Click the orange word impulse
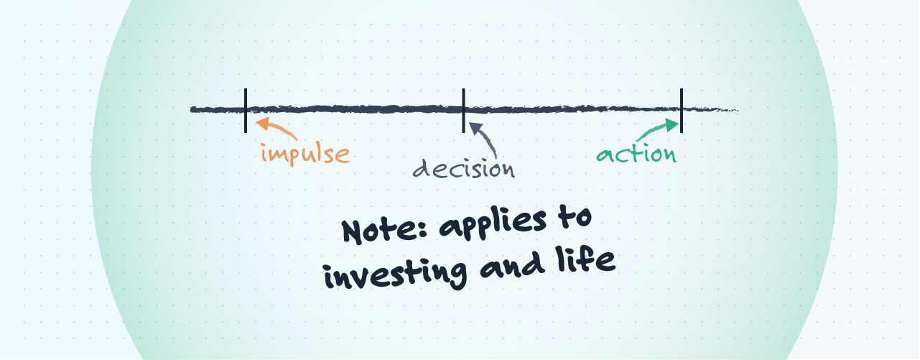point(305,154)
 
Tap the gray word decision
point(464,168)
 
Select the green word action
point(636,154)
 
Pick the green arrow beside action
point(656,129)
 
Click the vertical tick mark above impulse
point(246,110)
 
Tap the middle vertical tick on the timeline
point(464,110)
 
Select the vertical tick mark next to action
point(681,110)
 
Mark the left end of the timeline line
point(192,109)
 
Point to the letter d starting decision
point(422,169)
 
